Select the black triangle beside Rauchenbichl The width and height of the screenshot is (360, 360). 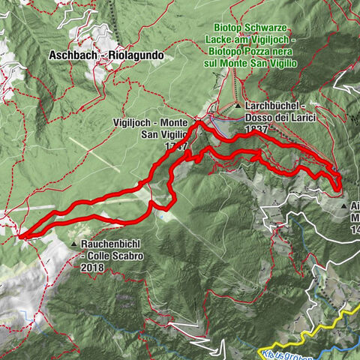[x=73, y=244]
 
